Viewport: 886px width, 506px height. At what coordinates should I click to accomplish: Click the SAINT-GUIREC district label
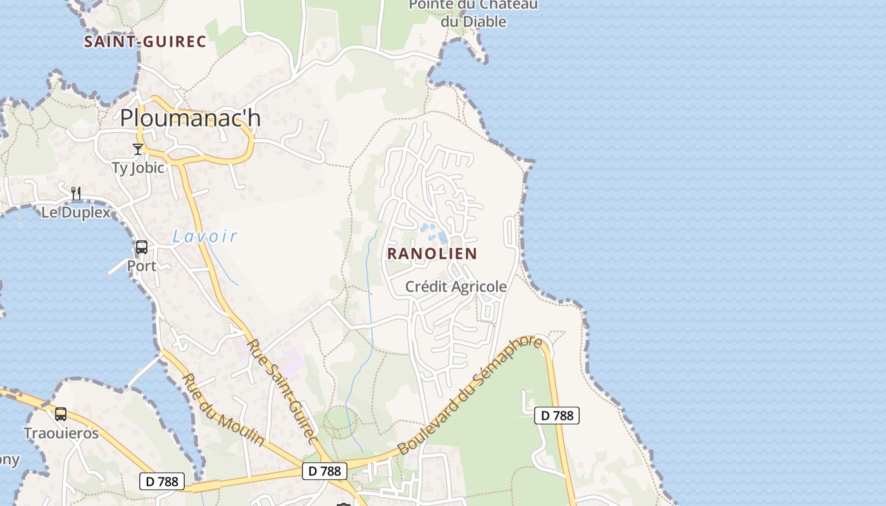point(145,42)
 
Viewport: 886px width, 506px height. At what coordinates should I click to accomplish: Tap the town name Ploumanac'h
point(190,118)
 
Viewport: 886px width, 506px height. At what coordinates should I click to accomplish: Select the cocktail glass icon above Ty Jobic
point(138,149)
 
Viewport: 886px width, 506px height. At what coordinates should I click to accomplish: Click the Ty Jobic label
point(137,168)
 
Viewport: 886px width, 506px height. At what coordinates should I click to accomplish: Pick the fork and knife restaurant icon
point(76,194)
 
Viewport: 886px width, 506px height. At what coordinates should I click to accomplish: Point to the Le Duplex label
point(76,212)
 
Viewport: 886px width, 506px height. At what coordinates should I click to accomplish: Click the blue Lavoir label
point(205,237)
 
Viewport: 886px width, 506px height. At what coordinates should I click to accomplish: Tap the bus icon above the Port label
point(142,247)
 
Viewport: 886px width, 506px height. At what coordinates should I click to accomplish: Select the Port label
point(142,266)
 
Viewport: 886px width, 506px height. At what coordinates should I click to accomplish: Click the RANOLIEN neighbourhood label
point(432,254)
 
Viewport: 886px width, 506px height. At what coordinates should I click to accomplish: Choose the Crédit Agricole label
point(456,287)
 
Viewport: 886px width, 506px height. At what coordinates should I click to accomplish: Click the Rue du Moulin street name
point(223,409)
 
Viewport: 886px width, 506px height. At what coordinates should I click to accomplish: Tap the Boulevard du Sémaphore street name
point(470,396)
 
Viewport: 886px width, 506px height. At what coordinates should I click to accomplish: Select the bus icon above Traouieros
point(61,415)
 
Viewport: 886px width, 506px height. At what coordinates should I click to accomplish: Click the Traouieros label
point(61,433)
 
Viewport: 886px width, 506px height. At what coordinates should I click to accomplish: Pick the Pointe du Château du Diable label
point(474,13)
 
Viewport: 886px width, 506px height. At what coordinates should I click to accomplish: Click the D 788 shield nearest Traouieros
point(162,481)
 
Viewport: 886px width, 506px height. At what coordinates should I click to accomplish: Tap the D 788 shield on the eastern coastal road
point(557,416)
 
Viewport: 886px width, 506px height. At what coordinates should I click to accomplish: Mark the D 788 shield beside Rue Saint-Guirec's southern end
point(324,471)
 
